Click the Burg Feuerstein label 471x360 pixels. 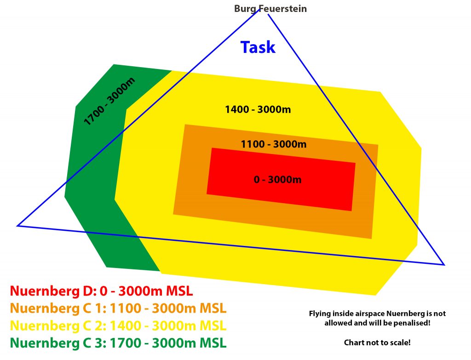(270, 8)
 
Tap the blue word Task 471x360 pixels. (258, 47)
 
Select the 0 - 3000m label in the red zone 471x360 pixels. (278, 179)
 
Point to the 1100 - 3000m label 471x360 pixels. (274, 144)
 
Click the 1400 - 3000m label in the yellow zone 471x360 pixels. (258, 109)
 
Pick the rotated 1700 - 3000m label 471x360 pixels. (109, 102)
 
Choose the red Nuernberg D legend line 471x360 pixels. (101, 291)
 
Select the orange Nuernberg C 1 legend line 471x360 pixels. (118, 309)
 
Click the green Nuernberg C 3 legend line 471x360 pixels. (118, 343)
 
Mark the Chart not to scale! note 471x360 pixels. (377, 343)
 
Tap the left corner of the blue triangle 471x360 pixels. (17, 225)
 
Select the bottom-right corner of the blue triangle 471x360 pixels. (444, 264)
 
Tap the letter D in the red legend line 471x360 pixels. (87, 291)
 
